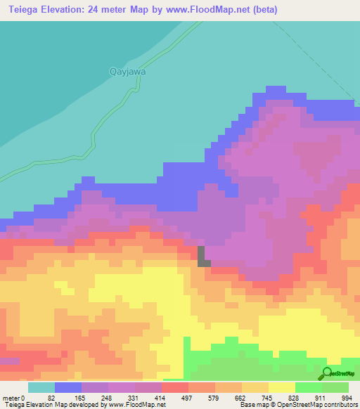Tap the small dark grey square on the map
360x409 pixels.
pos(203,256)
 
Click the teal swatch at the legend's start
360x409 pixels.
pos(41,387)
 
